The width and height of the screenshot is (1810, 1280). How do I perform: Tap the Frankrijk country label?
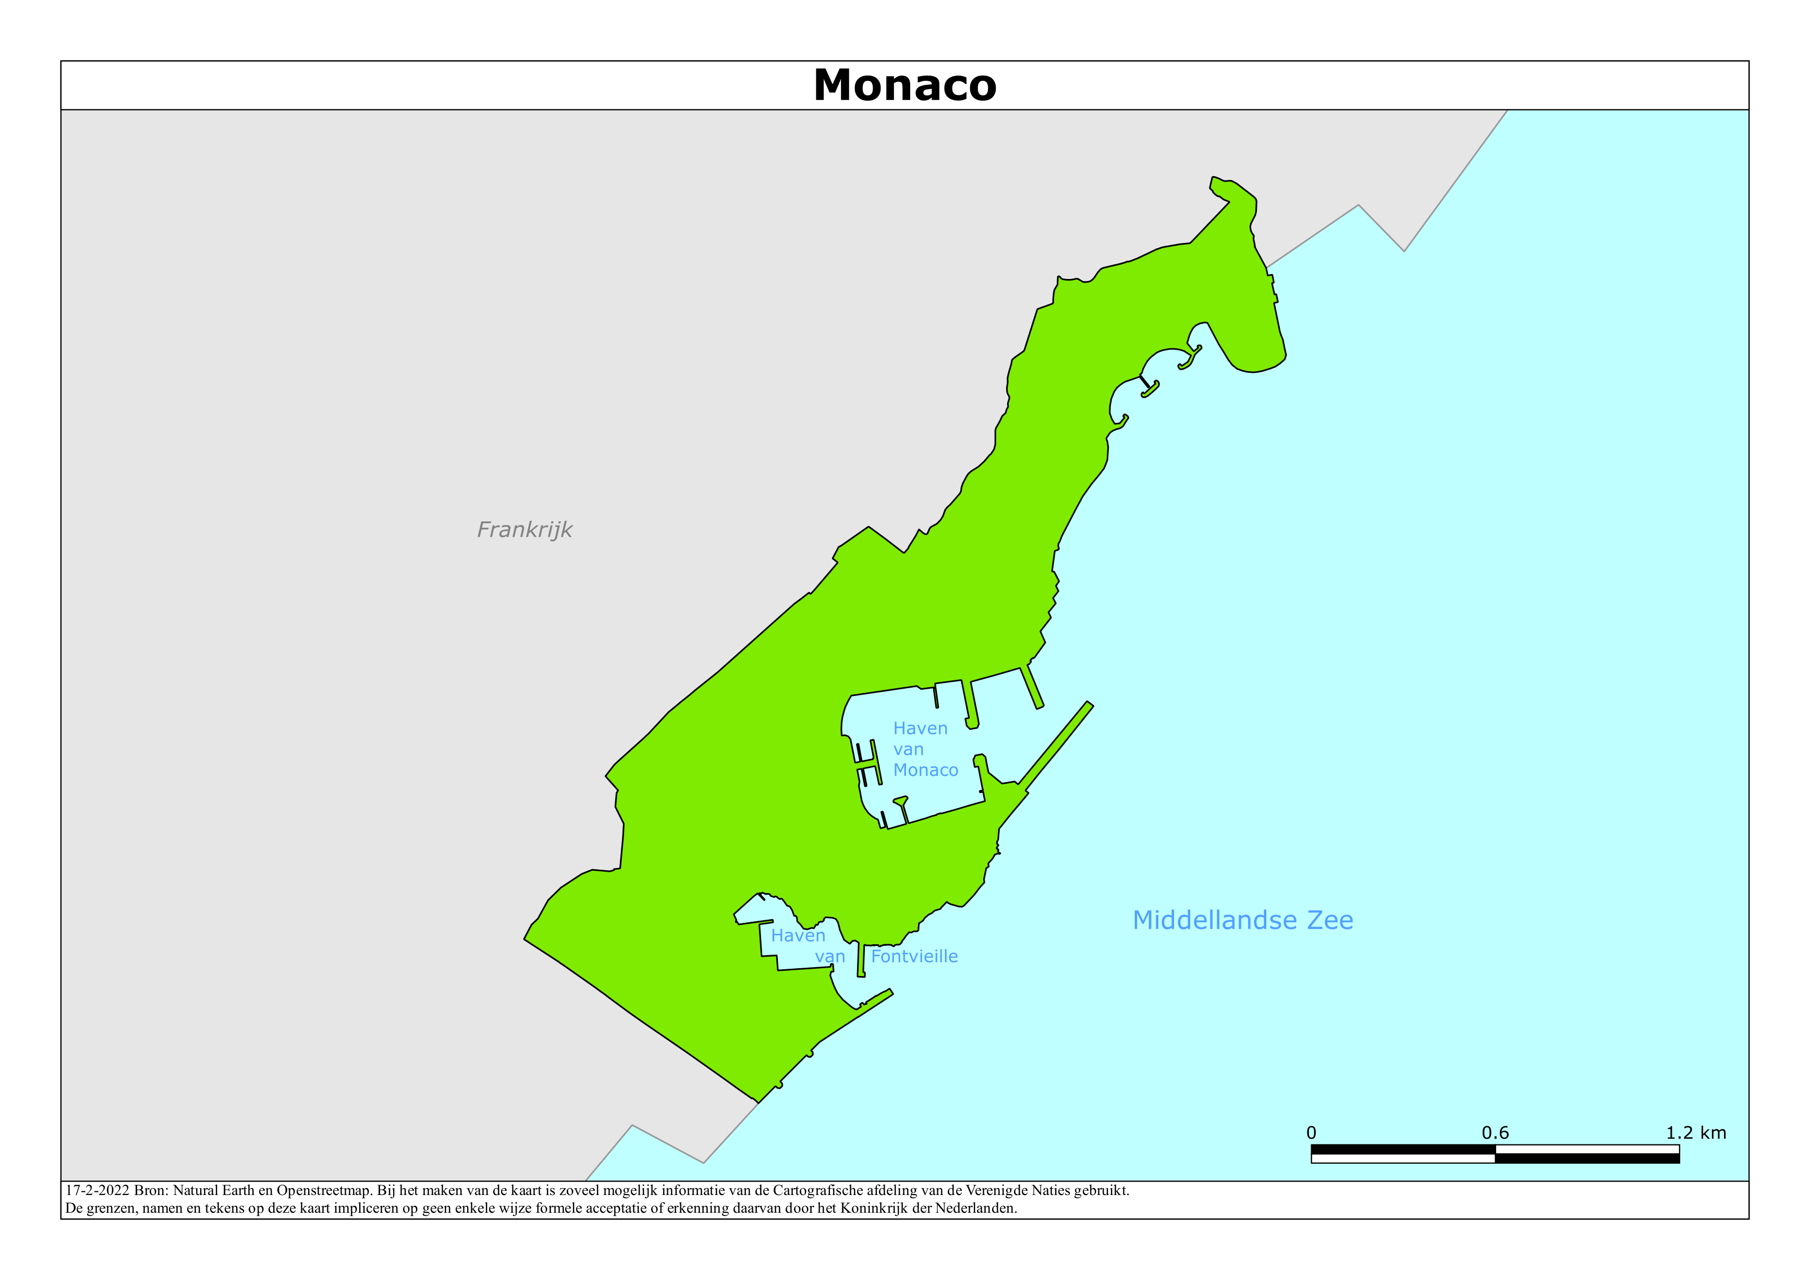[x=524, y=529]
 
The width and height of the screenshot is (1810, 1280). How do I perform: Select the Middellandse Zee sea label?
[x=1242, y=920]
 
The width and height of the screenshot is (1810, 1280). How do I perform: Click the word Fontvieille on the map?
[x=914, y=957]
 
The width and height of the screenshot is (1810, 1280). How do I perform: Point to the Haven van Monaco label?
[x=925, y=749]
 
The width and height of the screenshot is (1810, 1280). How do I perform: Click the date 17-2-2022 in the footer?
[x=97, y=1191]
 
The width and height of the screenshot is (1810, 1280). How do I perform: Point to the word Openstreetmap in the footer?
[x=323, y=1191]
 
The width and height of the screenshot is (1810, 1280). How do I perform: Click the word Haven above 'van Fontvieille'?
[x=798, y=936]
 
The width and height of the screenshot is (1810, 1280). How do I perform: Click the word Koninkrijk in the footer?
[x=874, y=1208]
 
